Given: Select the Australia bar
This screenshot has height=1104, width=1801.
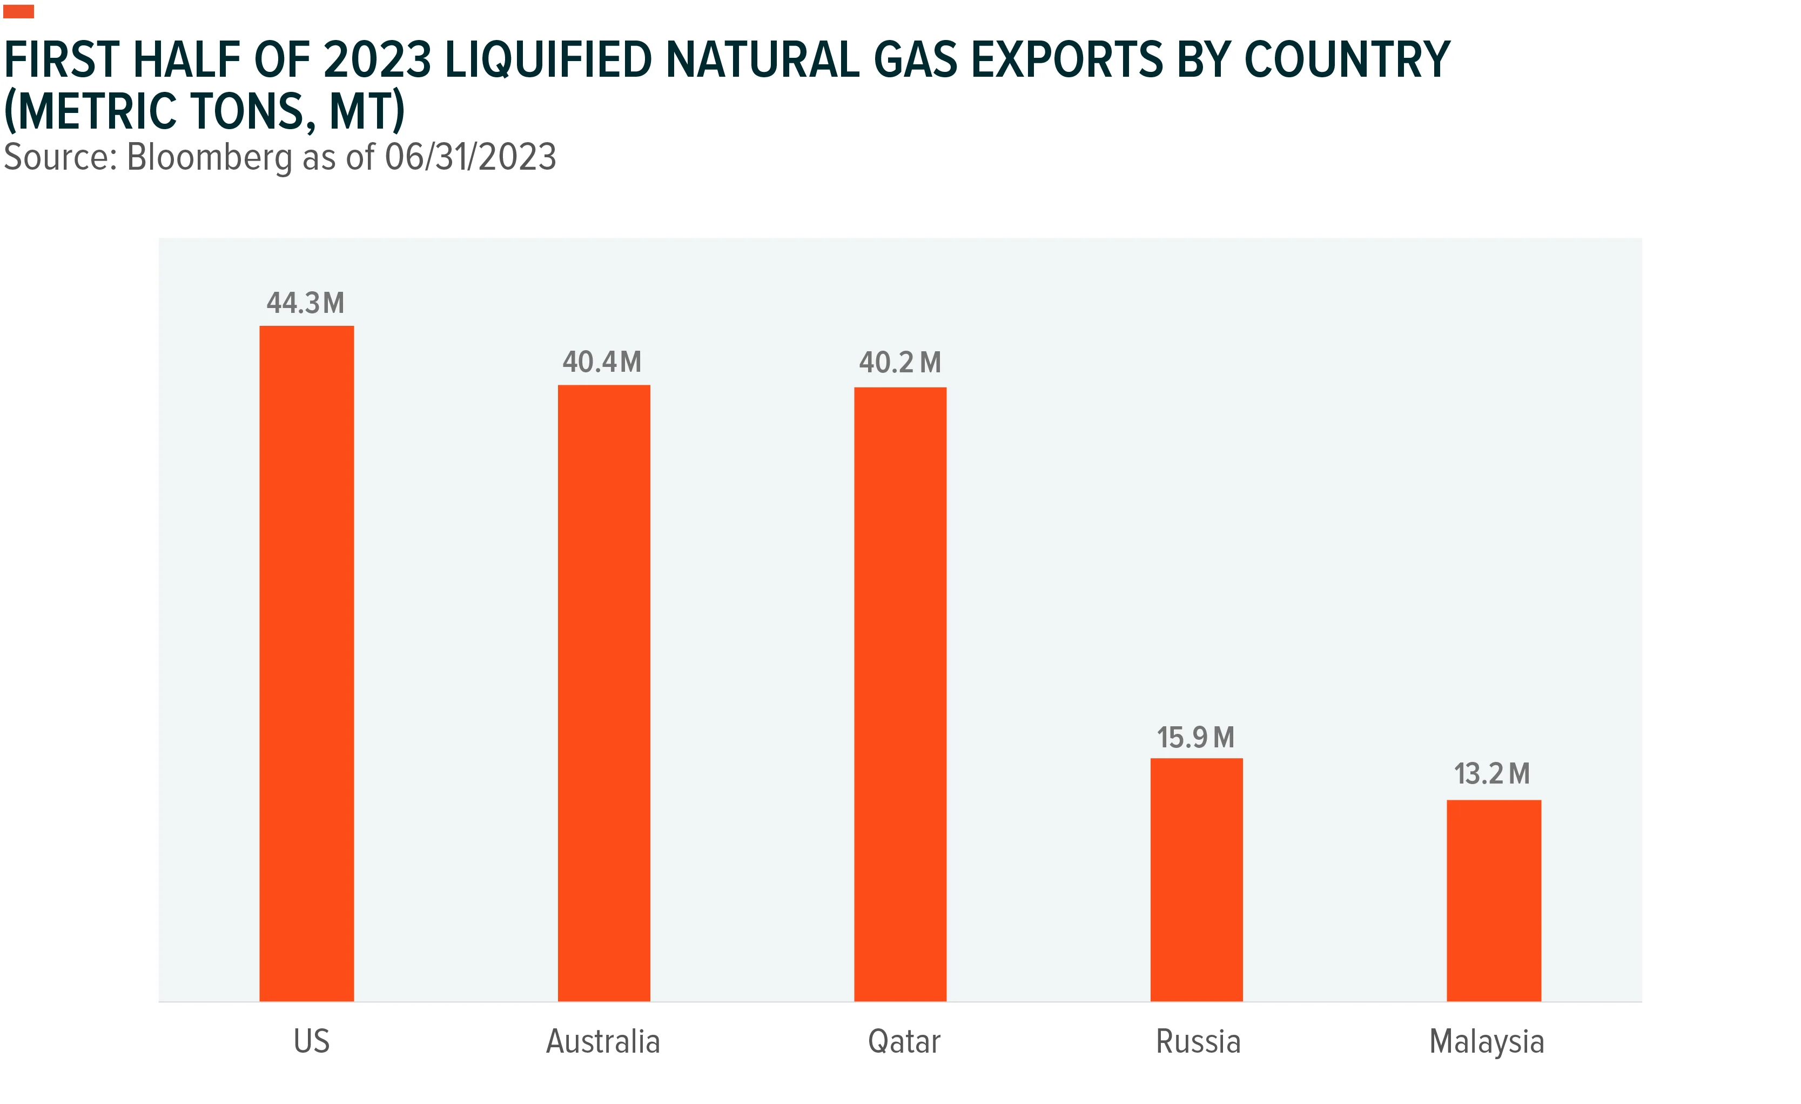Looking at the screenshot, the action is point(604,693).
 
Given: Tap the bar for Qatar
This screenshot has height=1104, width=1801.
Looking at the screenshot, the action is point(900,694).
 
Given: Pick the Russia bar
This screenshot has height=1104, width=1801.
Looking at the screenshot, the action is point(1197,880).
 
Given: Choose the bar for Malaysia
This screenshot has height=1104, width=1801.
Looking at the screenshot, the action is point(1494,901).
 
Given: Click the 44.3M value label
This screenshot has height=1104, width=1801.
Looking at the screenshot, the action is point(306,303).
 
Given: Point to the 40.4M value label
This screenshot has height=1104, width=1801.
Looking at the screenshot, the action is point(602,362).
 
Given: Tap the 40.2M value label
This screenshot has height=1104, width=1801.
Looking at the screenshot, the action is point(900,363).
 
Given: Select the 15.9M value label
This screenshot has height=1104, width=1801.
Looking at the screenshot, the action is point(1196,738).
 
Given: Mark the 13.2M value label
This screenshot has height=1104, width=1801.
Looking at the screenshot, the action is point(1492,773).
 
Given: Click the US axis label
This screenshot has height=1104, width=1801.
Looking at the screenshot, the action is point(311,1041).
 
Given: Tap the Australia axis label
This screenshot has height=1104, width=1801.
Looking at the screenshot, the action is point(603,1041).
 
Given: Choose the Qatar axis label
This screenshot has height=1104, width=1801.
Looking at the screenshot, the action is point(904,1042).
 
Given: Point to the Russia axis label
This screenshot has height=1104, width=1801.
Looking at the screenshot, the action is point(1198,1041).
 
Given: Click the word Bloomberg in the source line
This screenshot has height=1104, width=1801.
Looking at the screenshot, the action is point(210,158).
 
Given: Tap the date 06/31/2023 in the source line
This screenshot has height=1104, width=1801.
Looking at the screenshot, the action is point(471,157).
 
